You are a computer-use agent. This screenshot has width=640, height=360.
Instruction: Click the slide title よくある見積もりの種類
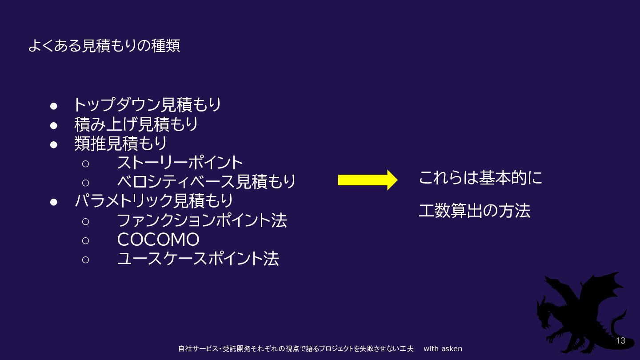104,46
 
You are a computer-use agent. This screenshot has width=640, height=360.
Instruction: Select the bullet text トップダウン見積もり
147,105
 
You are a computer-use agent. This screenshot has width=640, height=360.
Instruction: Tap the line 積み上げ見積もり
136,124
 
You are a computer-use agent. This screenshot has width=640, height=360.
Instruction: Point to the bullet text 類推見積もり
120,144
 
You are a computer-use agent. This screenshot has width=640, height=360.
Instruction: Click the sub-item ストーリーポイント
180,163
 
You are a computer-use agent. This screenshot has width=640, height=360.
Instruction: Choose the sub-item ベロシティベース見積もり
206,182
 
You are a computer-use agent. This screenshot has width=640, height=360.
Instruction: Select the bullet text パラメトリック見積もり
153,201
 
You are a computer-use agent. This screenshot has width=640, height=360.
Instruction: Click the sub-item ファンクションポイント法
202,220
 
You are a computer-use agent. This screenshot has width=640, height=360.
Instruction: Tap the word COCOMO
158,240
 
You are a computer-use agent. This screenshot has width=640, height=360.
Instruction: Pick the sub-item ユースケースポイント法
198,259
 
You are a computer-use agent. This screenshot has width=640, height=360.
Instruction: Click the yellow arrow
367,180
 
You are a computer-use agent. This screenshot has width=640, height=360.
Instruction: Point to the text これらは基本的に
481,179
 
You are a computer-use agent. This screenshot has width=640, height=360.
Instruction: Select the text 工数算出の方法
475,211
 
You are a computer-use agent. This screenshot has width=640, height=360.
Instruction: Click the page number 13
620,341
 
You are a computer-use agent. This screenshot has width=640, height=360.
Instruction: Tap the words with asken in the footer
443,349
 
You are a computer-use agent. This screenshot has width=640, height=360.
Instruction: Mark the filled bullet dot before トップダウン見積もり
54,106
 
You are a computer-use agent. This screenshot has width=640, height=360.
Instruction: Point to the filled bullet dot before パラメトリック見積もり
54,202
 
